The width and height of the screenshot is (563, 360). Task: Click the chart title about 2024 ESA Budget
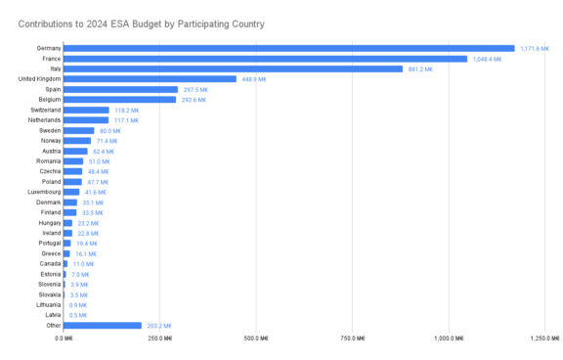pyautogui.click(x=135, y=22)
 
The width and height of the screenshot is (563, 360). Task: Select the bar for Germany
pyautogui.click(x=289, y=48)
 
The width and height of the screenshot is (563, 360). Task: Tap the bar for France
pyautogui.click(x=265, y=59)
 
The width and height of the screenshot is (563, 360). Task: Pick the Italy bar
pyautogui.click(x=233, y=68)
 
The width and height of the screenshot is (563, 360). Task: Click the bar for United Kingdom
pyautogui.click(x=150, y=79)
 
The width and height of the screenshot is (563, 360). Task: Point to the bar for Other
pyautogui.click(x=103, y=326)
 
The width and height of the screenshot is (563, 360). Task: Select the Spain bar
pyautogui.click(x=120, y=89)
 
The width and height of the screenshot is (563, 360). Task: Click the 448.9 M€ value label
pyautogui.click(x=253, y=79)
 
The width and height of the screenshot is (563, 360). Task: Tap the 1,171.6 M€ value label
pyautogui.click(x=534, y=48)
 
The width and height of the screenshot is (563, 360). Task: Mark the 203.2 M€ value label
pyautogui.click(x=159, y=326)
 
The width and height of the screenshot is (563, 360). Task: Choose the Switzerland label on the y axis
pyautogui.click(x=44, y=110)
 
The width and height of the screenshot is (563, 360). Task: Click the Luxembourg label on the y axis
pyautogui.click(x=42, y=192)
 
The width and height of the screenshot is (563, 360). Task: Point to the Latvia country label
pyautogui.click(x=53, y=315)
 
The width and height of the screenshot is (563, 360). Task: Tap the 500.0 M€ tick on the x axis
pyautogui.click(x=256, y=338)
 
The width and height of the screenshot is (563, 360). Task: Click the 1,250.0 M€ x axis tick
pyautogui.click(x=543, y=338)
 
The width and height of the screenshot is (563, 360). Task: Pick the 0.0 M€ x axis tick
pyautogui.click(x=65, y=338)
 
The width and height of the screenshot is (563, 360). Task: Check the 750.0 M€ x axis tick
pyautogui.click(x=352, y=338)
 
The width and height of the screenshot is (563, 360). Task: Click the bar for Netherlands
pyautogui.click(x=86, y=120)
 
